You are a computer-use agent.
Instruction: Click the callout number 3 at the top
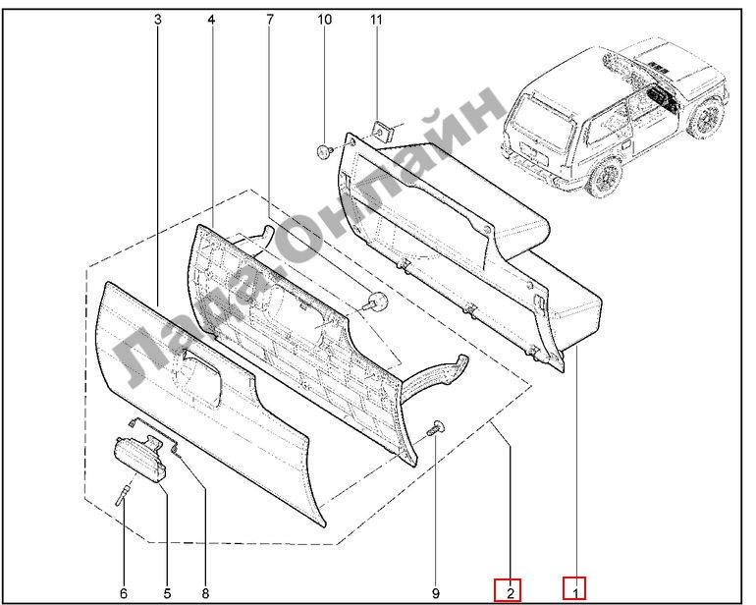158,20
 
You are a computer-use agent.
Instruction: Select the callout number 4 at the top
211,20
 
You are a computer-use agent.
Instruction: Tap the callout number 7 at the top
270,20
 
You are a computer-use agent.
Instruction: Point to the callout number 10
324,20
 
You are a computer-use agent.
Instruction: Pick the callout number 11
376,20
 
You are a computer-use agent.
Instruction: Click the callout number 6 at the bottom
124,593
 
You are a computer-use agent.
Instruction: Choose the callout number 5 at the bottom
167,593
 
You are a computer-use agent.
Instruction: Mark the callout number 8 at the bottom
205,593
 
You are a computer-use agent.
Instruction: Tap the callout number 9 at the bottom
436,593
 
